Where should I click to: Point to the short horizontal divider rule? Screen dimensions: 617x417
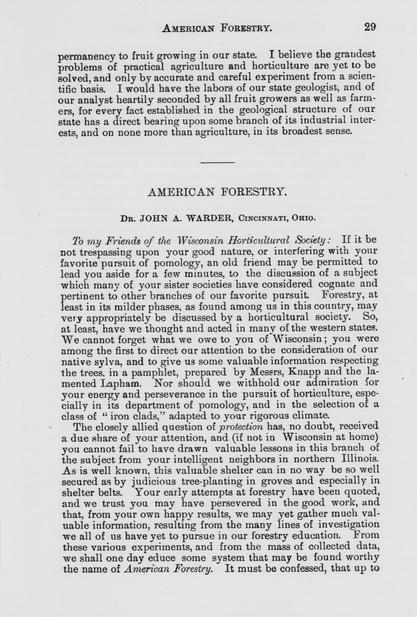pos(217,162)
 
